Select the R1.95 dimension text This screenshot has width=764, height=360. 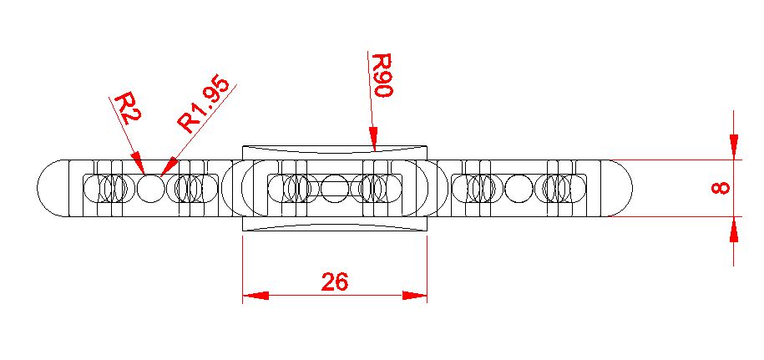(199, 109)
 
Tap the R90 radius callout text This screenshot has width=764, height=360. (382, 76)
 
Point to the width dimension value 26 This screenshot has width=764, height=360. (334, 282)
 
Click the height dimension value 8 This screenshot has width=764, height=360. (720, 187)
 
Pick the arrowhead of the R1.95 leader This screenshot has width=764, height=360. (168, 164)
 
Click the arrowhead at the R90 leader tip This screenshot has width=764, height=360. (374, 139)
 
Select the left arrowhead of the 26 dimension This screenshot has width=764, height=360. (255, 295)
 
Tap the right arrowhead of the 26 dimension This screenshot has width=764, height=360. (415, 295)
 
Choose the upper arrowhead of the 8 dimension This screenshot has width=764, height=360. (733, 147)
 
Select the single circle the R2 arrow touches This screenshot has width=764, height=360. (151, 188)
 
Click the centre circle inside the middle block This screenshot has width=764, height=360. (335, 188)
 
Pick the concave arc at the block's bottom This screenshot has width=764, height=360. (334, 225)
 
